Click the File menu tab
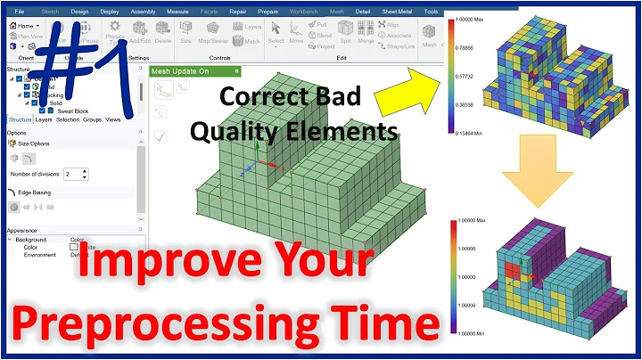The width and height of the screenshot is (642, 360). tap(19, 12)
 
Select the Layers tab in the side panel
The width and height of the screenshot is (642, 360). tap(45, 119)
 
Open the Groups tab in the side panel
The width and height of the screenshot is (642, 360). tap(92, 119)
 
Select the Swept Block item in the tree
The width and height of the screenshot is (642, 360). tap(62, 110)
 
